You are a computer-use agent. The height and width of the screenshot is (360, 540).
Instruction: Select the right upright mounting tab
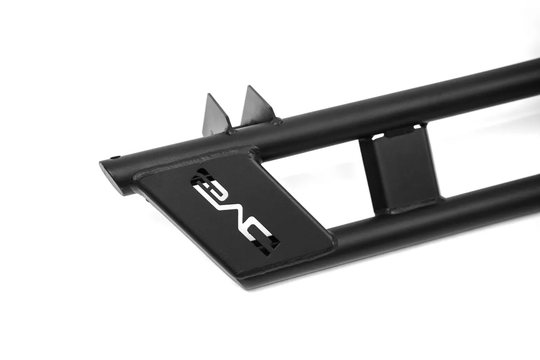click(x=257, y=106)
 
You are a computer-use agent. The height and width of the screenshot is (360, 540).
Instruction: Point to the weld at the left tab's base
click(x=231, y=132)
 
